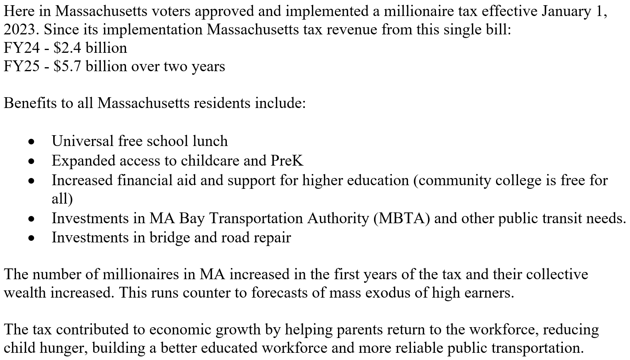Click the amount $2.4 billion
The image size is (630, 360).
coord(90,48)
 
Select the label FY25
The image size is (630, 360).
coord(22,66)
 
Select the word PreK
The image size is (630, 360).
coord(287,161)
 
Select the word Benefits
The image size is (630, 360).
coord(30,103)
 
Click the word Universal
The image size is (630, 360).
coord(82,141)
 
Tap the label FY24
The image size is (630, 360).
coord(22,48)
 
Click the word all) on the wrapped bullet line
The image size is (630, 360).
coord(62,199)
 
